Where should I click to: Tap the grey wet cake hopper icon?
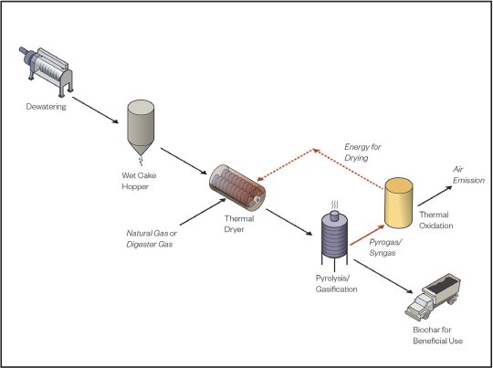coord(142,128)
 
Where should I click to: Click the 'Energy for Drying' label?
coord(365,152)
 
